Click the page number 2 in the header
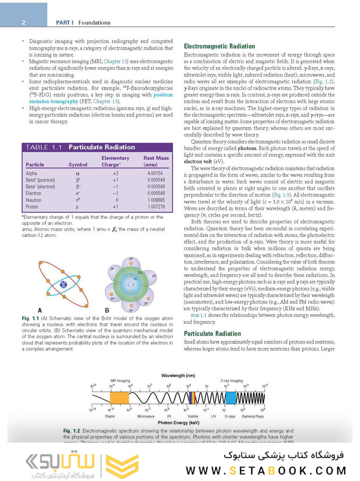24,22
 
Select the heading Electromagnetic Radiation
219,46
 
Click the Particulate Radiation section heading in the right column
212,334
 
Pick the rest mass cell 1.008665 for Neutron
153,200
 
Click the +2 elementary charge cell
116,173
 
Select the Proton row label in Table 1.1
33,206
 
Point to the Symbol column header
78,165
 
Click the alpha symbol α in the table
78,173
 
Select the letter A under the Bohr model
40,310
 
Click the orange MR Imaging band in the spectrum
119,397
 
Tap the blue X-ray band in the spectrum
230,397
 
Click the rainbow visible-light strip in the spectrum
192,397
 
